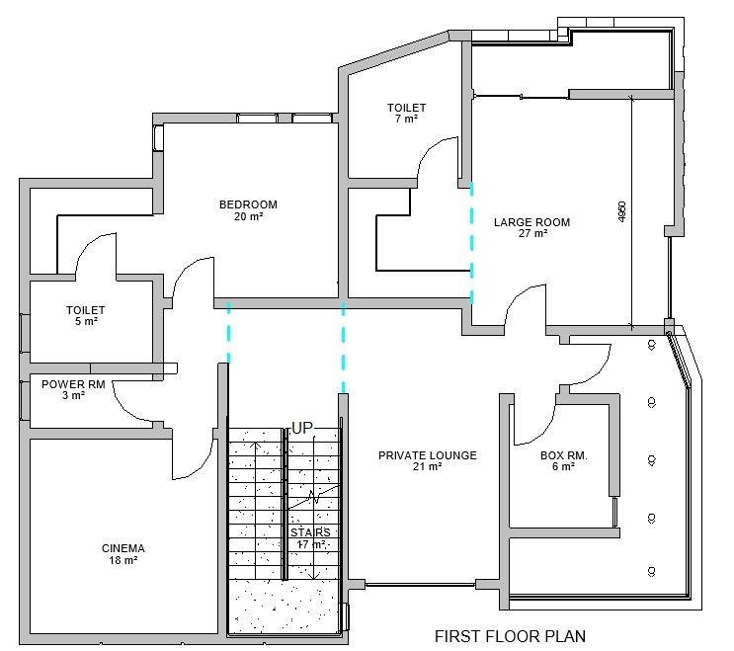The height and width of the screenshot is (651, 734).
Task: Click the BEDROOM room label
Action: (248, 204)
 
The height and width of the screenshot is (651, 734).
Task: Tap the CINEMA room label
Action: (123, 548)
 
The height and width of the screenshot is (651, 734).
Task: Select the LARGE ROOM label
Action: (531, 222)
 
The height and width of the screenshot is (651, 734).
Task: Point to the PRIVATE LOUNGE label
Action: (428, 455)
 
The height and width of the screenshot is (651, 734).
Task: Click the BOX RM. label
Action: (564, 455)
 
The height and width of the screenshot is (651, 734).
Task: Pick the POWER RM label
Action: (73, 384)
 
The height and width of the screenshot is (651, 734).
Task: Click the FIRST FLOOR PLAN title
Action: (510, 636)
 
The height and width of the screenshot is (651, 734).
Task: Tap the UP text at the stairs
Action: (302, 428)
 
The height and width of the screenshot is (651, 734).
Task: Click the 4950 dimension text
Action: (621, 211)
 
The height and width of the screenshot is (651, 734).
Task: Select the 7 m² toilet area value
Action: (406, 119)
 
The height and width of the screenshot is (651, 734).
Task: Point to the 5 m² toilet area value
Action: (86, 321)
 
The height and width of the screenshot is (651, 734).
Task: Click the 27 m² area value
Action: (532, 233)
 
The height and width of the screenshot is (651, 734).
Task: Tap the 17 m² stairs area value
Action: (312, 544)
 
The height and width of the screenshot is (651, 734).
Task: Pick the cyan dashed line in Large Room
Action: (471, 243)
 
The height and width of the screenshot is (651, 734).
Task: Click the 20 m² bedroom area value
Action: (248, 216)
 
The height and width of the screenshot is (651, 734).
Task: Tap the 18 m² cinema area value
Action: (123, 560)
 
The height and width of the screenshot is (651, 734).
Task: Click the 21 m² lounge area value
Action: (428, 466)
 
